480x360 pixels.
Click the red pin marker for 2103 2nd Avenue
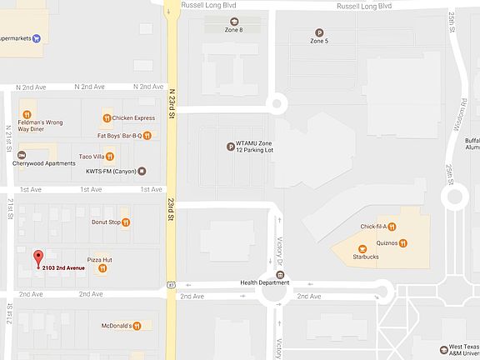(x=37, y=257)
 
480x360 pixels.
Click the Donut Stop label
(x=106, y=222)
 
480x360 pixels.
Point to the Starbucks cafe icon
(x=362, y=248)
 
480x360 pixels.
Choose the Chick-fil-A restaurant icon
(x=391, y=226)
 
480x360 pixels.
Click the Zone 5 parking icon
(x=318, y=32)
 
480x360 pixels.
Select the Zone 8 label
(x=233, y=30)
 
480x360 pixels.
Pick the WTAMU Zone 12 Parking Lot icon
(x=231, y=147)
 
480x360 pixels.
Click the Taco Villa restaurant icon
(x=108, y=156)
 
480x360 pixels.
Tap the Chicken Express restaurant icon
(x=106, y=117)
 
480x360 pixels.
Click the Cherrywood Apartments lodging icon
(x=22, y=154)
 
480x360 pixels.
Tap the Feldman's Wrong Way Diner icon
(x=27, y=114)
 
